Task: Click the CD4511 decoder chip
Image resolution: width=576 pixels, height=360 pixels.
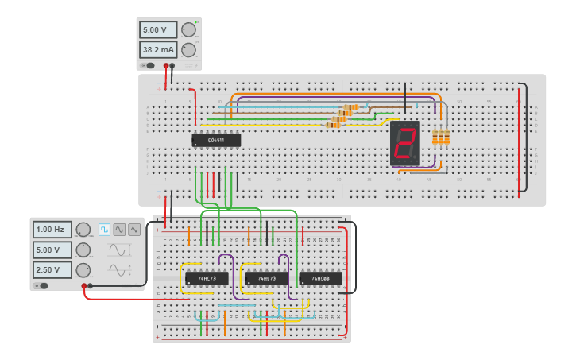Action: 215,141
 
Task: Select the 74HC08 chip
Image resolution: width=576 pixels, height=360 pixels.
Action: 320,278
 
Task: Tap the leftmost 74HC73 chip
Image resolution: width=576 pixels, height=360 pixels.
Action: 207,278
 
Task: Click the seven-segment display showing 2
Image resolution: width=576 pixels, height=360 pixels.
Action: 404,143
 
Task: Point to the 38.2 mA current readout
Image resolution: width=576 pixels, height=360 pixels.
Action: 159,49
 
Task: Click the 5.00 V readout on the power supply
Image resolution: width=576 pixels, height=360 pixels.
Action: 159,30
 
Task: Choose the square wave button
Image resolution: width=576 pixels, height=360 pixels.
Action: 104,230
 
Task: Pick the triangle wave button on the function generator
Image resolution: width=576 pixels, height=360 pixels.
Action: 134,230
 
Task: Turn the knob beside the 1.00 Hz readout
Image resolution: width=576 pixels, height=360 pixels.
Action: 83,230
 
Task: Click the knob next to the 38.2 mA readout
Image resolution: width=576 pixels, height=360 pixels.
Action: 188,50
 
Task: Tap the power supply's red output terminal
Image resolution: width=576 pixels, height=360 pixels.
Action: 166,66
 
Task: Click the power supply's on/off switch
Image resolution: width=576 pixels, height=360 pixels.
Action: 148,66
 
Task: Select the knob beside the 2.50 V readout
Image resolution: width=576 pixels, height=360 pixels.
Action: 83,269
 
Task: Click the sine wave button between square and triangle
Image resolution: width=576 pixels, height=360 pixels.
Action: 119,230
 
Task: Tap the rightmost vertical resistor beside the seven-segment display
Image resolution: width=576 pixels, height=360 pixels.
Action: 446,137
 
